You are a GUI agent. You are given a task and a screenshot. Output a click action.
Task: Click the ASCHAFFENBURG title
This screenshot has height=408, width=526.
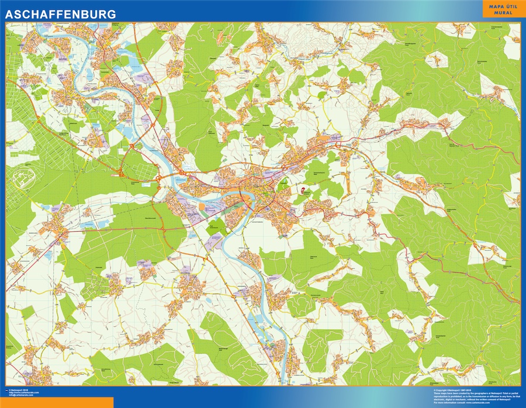pos(61,13)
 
